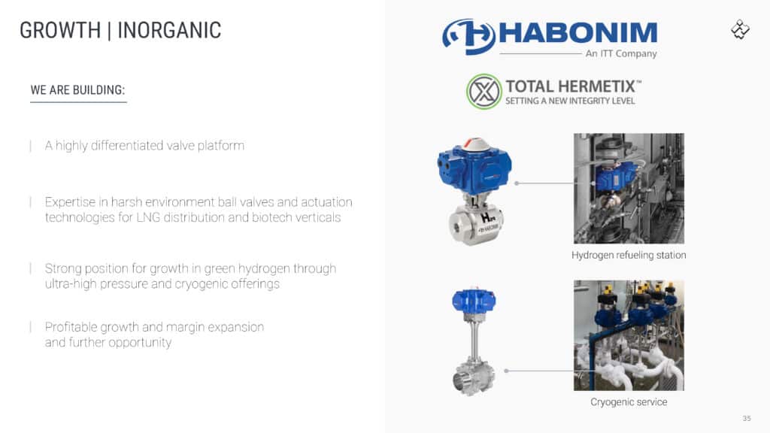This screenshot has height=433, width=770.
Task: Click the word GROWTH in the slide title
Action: [60, 30]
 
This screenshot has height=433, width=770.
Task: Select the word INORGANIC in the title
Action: [169, 30]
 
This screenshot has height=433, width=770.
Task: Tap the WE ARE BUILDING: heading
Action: [77, 90]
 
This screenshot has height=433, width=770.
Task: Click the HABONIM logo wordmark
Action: [578, 33]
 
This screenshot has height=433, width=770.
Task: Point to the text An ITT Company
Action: [620, 53]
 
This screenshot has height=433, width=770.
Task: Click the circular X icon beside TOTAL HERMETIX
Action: [484, 91]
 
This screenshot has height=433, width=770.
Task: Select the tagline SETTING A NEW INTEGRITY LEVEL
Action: [570, 101]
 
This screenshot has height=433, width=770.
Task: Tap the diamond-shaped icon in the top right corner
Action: [740, 29]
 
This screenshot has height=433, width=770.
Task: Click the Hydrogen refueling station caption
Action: [629, 256]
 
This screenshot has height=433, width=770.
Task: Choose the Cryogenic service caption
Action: [629, 402]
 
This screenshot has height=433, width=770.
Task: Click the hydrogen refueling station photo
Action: [629, 188]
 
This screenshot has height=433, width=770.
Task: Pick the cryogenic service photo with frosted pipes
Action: [629, 335]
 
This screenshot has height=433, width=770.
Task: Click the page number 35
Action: [747, 418]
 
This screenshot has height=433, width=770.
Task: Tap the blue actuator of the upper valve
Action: [474, 166]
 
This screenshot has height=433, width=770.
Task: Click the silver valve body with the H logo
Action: [475, 223]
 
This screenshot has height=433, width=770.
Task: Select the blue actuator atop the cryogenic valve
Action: [474, 299]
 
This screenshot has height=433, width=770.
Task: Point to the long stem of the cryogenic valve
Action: [474, 339]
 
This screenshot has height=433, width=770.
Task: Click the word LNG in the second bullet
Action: [148, 217]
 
